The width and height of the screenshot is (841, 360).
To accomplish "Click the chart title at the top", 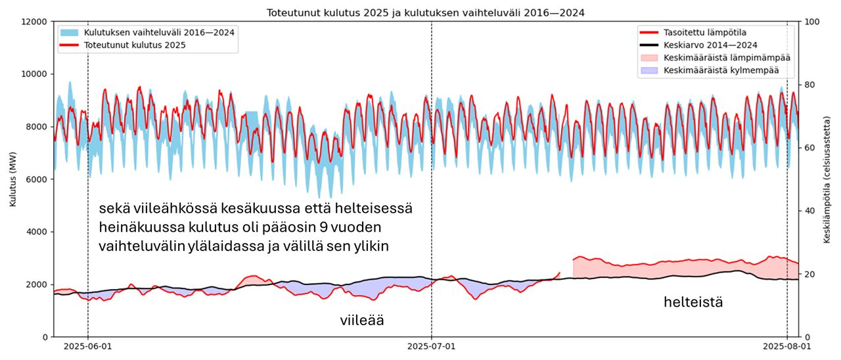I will (425, 12).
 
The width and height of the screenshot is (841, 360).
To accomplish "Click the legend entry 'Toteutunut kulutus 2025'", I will (135, 45).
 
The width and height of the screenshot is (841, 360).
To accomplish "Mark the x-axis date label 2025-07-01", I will (432, 346).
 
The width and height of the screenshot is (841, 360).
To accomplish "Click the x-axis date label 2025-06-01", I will (88, 346).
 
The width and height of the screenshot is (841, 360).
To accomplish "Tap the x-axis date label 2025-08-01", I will (786, 346).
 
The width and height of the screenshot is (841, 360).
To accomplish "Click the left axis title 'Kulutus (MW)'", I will (12, 179).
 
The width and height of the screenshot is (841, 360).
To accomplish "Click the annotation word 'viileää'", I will (361, 321).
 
